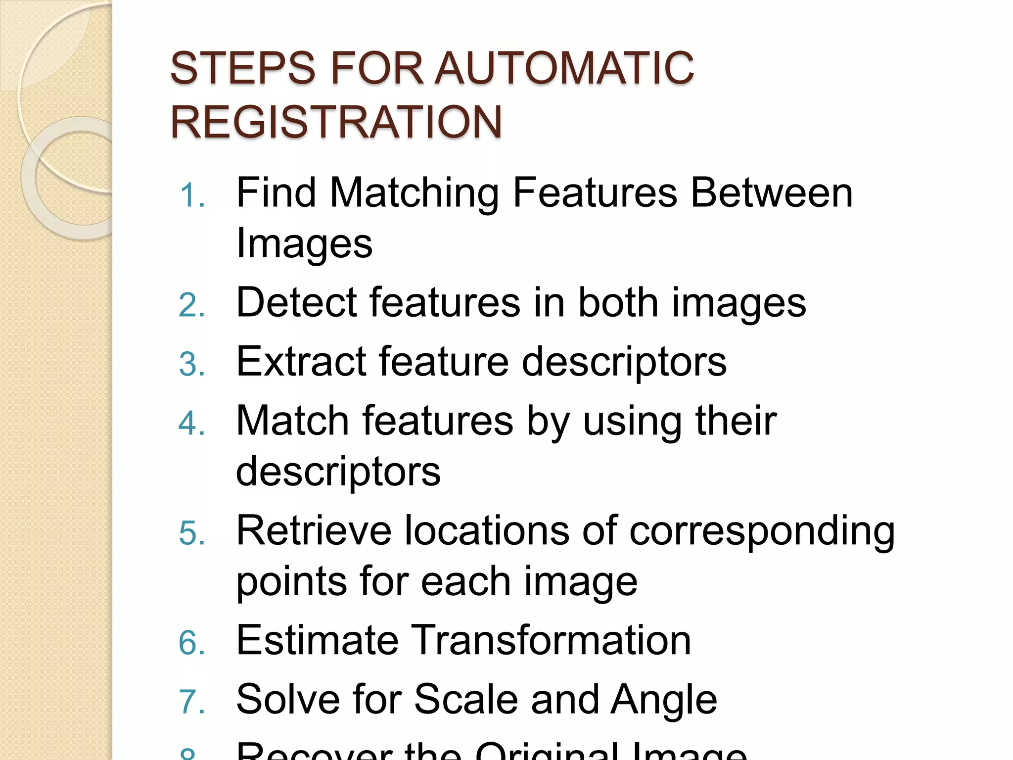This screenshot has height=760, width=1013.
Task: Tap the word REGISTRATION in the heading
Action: [336, 122]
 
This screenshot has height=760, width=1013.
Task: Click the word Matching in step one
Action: [414, 194]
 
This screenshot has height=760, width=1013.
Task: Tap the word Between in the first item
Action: [772, 193]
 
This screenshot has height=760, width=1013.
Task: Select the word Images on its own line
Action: [304, 244]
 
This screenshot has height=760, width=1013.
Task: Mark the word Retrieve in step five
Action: [314, 531]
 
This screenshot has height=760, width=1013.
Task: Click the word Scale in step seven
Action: [466, 699]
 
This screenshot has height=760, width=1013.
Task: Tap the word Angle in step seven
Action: [663, 700]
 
